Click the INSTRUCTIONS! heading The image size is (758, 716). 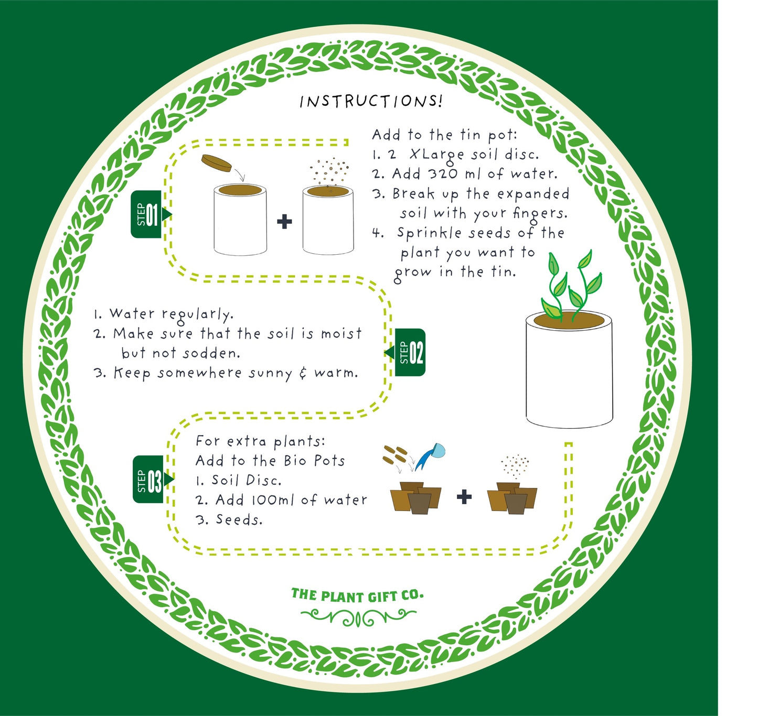(371, 101)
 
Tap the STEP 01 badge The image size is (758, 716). (147, 214)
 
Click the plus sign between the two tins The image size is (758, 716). (284, 222)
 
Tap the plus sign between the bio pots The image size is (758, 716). (464, 496)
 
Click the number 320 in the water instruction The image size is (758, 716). (443, 173)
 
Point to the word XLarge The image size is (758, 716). (436, 155)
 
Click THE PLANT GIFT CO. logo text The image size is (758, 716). (357, 595)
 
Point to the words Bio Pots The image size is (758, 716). (314, 461)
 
